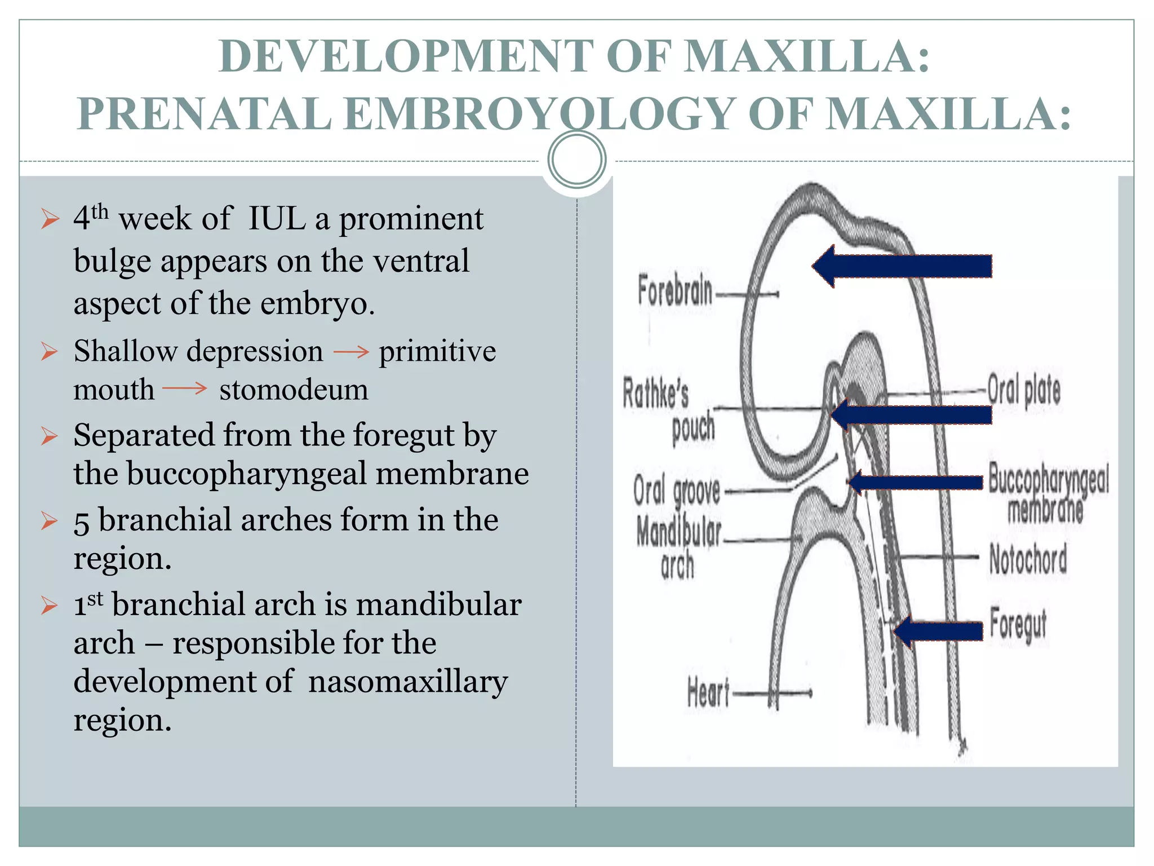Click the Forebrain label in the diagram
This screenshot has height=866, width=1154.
tap(674, 290)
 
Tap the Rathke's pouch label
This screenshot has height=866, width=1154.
tap(668, 410)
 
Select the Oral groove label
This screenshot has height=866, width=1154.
tap(677, 491)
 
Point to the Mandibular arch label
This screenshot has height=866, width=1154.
tap(678, 547)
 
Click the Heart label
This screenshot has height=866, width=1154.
tap(708, 692)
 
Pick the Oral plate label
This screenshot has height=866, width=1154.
tap(1024, 390)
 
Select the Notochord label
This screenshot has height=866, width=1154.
tap(1028, 559)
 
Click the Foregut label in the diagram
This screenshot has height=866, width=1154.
tap(1018, 625)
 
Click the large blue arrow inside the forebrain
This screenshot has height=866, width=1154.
tap(902, 266)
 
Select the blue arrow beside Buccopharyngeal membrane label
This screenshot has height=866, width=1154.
tap(916, 482)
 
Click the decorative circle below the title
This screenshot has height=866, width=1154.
tap(576, 160)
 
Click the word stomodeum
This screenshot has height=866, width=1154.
tap(294, 390)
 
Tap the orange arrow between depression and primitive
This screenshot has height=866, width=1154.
tap(350, 352)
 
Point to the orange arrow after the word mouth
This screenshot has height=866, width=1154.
tap(185, 388)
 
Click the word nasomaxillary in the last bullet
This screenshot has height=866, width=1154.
tap(408, 681)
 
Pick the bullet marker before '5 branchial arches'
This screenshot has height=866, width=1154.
tap(50, 521)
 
